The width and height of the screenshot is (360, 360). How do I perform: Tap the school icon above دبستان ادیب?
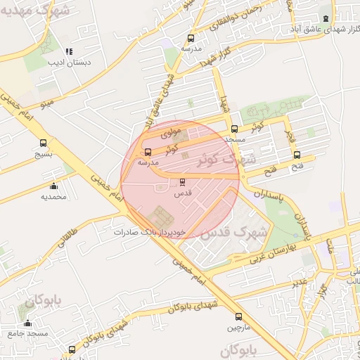click(x=69, y=51)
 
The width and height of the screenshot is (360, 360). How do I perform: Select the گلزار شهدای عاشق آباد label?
click(x=321, y=30)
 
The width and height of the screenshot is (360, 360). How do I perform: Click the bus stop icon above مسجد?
click(x=234, y=129)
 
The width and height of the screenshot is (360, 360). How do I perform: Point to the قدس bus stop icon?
click(x=183, y=181)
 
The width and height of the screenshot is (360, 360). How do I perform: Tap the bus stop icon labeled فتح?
click(x=297, y=155)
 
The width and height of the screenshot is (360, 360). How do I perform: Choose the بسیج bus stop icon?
click(x=44, y=143)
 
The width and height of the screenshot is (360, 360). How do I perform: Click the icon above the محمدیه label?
click(x=53, y=186)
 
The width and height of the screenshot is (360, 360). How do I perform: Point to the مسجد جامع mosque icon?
click(x=27, y=323)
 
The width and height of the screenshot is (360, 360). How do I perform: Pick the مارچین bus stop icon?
click(x=238, y=316)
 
